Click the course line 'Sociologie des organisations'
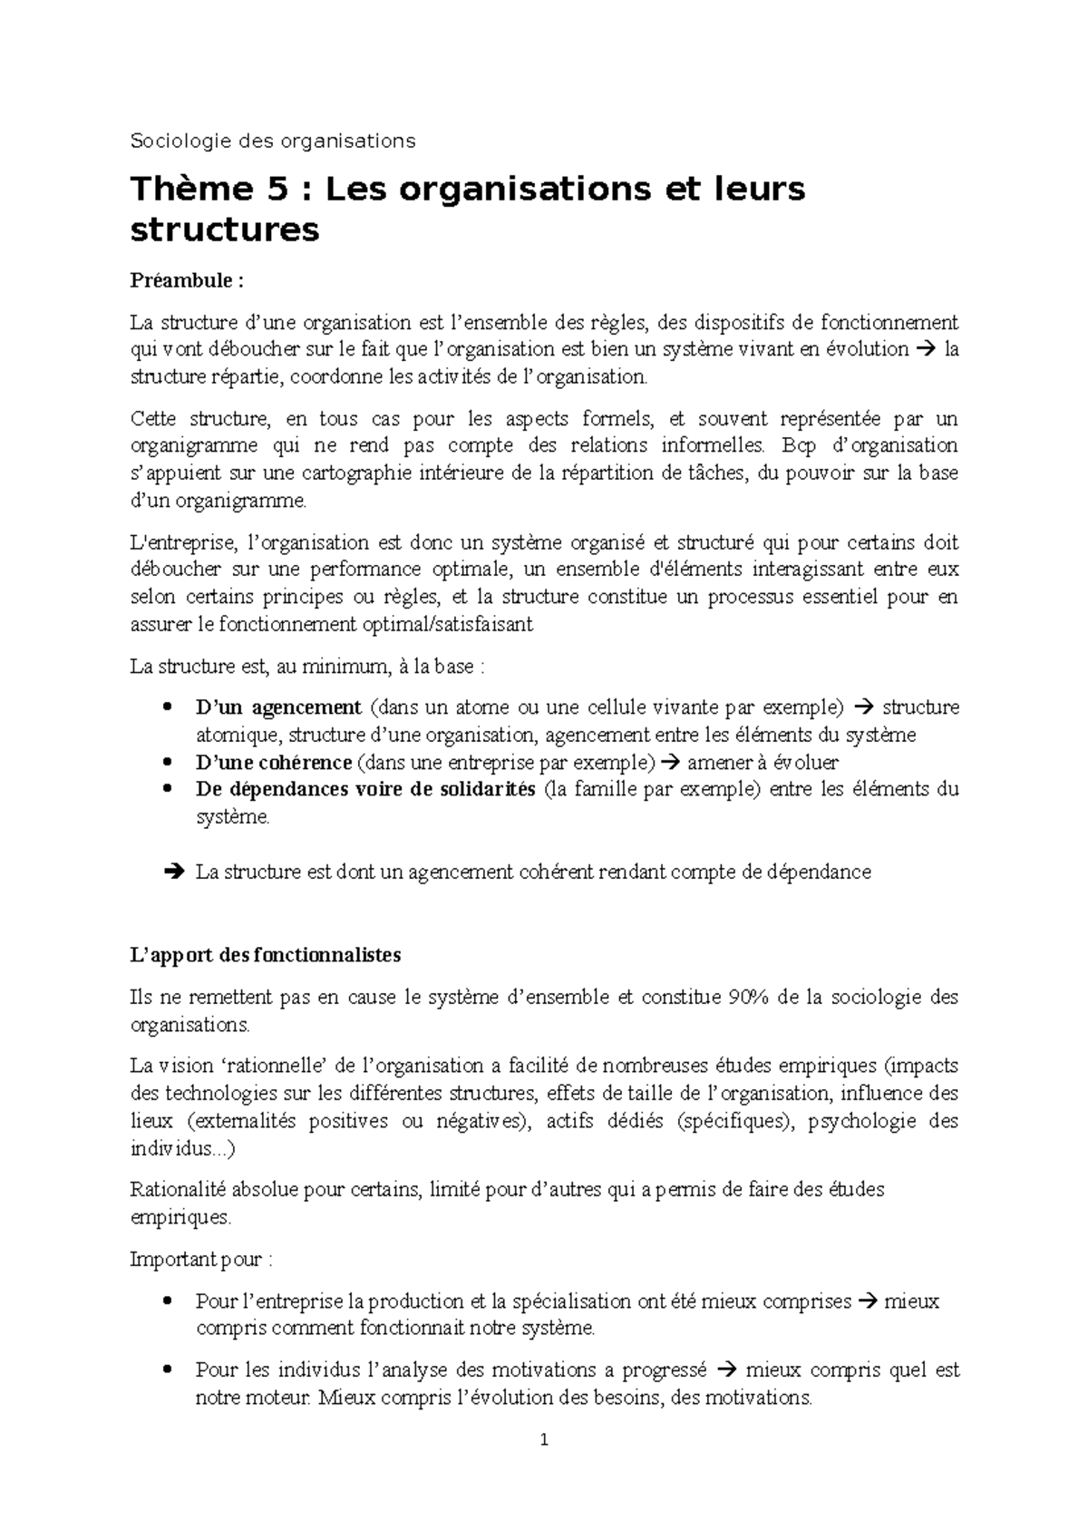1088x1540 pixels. (x=273, y=141)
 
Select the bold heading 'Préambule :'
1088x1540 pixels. (x=187, y=280)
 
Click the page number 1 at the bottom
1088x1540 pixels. (x=544, y=1439)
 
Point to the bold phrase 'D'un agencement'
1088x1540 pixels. (x=278, y=707)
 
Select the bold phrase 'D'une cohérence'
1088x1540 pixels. (x=273, y=763)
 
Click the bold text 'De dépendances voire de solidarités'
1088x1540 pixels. (x=365, y=789)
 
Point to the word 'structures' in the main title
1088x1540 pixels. (x=225, y=230)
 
